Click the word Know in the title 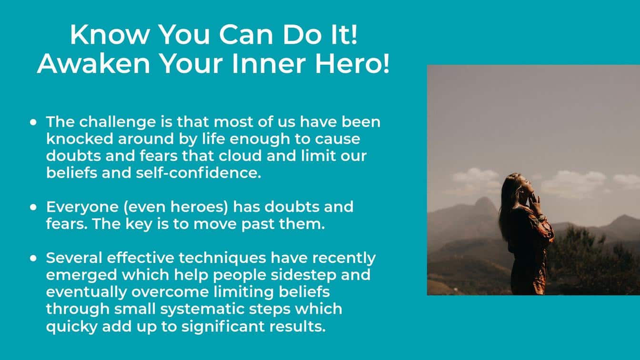pyautogui.click(x=110, y=34)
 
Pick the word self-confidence pyautogui.click(x=198, y=173)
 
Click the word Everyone pyautogui.click(x=82, y=207)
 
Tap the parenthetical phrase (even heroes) pyautogui.click(x=176, y=207)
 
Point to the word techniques pyautogui.click(x=222, y=258)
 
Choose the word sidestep pyautogui.click(x=303, y=275)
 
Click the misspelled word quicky pyautogui.click(x=72, y=327)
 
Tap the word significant pyautogui.click(x=223, y=327)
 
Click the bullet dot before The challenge pyautogui.click(x=33, y=122)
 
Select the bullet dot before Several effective pyautogui.click(x=33, y=258)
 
